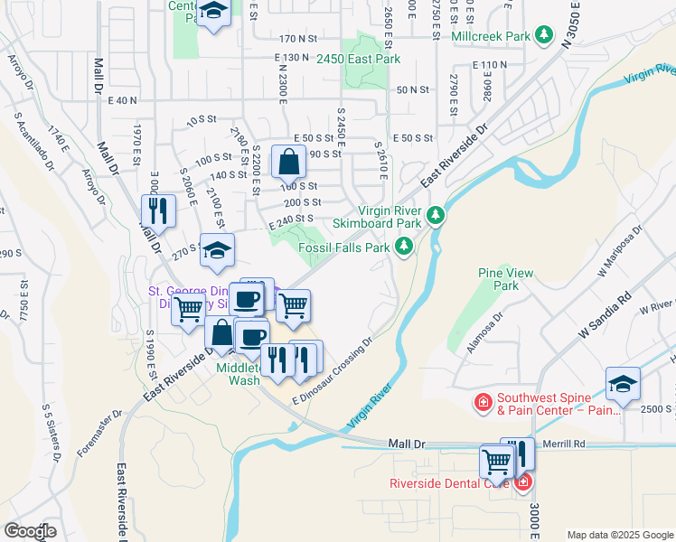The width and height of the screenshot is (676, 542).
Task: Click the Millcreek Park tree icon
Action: tap(543, 35)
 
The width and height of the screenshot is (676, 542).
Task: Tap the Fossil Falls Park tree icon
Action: tap(403, 246)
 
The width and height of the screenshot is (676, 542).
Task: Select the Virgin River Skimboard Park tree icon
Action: tap(436, 215)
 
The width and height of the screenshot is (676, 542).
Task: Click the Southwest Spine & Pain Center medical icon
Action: tap(484, 400)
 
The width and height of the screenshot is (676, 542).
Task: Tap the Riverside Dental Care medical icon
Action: tap(523, 482)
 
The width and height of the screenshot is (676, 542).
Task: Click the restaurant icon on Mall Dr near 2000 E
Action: tap(158, 210)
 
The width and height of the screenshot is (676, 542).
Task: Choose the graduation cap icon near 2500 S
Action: tap(623, 383)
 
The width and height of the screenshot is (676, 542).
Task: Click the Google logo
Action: tap(30, 531)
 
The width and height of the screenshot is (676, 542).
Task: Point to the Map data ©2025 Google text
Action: tap(619, 535)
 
